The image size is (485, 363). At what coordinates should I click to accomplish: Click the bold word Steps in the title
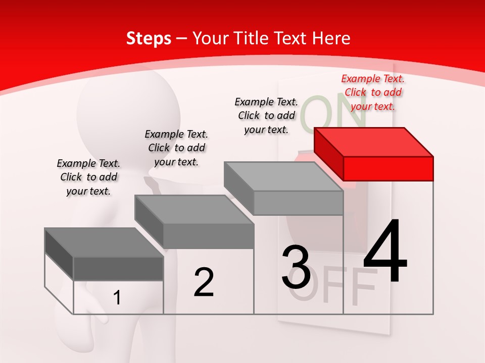pos(149,38)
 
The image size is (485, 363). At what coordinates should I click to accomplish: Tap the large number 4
pos(385,252)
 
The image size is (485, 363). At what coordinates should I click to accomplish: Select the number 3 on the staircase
pos(296,267)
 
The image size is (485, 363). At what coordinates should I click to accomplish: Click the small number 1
pos(117,298)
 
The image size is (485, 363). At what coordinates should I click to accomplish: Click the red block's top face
pos(374,142)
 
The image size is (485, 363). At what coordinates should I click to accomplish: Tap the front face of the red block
pos(388,168)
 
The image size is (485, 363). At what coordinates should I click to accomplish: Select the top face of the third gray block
pos(283,176)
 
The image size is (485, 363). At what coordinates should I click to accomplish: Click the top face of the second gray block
pos(194,209)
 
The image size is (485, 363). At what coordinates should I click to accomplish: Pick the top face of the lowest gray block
pos(104,243)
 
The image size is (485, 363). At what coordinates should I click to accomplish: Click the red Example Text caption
pos(373,92)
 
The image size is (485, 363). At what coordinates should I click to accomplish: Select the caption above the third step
pos(266,115)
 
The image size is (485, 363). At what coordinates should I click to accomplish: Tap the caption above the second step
pos(176,148)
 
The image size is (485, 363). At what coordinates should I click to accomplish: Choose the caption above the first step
pos(88,177)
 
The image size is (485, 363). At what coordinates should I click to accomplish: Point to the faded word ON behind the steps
pos(333,112)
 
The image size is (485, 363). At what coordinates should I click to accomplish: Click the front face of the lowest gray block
pos(118,269)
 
